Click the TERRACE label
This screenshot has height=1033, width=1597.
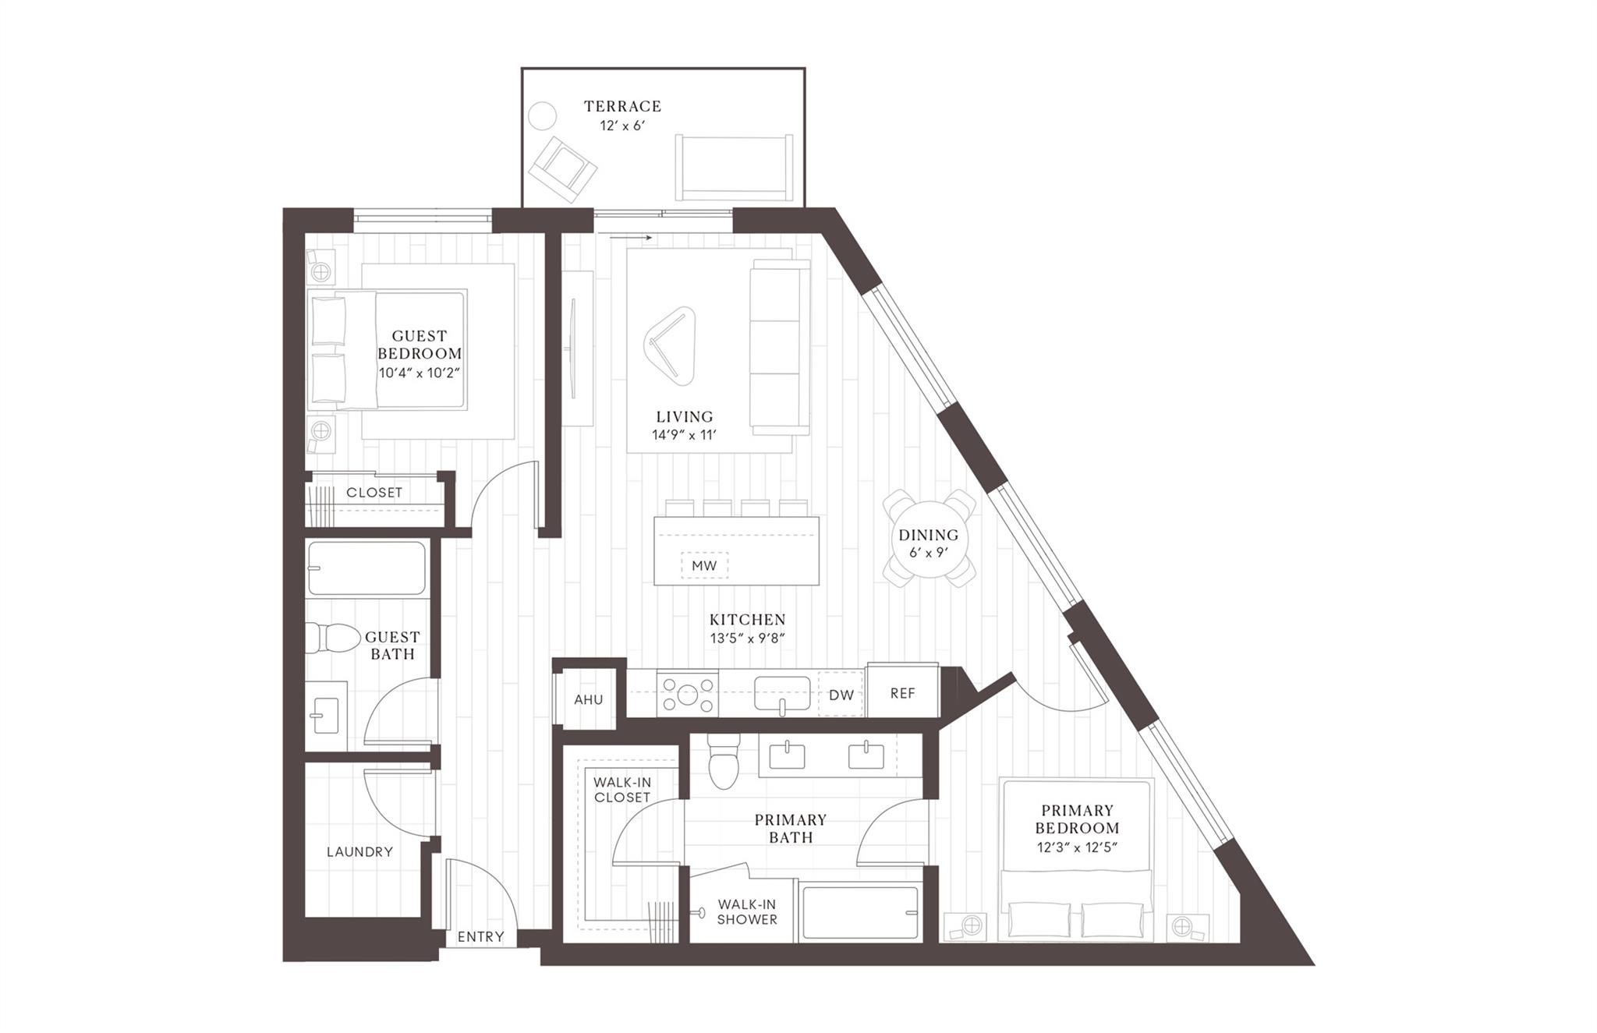622,106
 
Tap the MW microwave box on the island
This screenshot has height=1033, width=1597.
704,565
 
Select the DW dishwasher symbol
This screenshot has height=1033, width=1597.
841,695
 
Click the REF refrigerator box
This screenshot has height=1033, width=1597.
902,692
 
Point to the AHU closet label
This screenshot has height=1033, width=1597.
589,699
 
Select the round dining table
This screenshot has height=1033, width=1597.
928,538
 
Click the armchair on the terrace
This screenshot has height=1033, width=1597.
561,167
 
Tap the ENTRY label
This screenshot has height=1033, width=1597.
480,936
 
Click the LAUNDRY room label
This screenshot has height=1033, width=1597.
359,851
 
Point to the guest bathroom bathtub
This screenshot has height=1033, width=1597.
366,568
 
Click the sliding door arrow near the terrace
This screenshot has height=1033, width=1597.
630,237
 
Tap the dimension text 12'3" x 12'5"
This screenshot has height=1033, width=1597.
1077,847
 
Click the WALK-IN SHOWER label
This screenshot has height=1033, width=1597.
746,911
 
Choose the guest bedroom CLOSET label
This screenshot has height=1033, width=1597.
374,493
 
